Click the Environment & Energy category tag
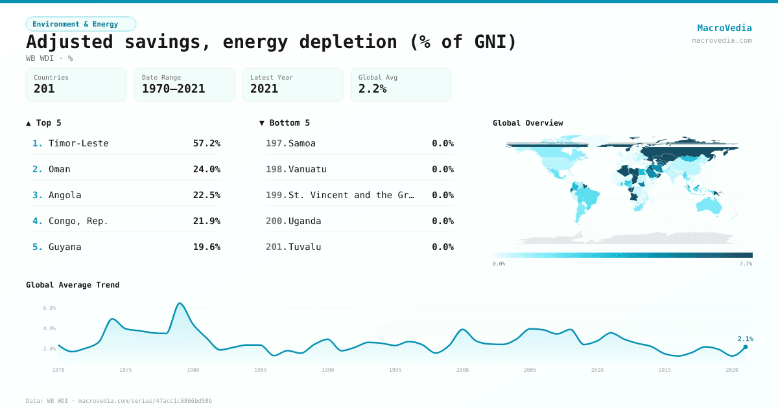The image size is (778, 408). coord(80,24)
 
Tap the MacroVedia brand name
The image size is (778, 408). coord(724,28)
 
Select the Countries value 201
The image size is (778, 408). coord(44,89)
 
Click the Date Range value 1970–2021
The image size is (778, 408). coord(173,89)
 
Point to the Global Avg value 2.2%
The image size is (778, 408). coord(372,89)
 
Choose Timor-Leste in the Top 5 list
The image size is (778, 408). coord(78,143)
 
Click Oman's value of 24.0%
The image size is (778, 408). coord(206,169)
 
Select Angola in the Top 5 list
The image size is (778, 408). coord(65,195)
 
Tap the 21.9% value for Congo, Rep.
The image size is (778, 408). coord(206,221)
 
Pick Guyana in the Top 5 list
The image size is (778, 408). coord(65,247)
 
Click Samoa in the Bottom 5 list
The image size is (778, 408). coord(302,143)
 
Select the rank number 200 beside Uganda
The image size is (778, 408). coord(276,221)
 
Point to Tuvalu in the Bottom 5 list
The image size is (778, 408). coord(305,247)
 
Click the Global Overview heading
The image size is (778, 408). coord(528,123)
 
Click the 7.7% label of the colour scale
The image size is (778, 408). coord(746,264)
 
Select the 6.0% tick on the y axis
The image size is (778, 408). coord(49,308)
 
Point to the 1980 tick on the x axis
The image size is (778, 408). coord(193,370)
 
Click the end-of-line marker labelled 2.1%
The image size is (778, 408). coord(745,347)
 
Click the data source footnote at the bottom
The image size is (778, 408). coord(119,401)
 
